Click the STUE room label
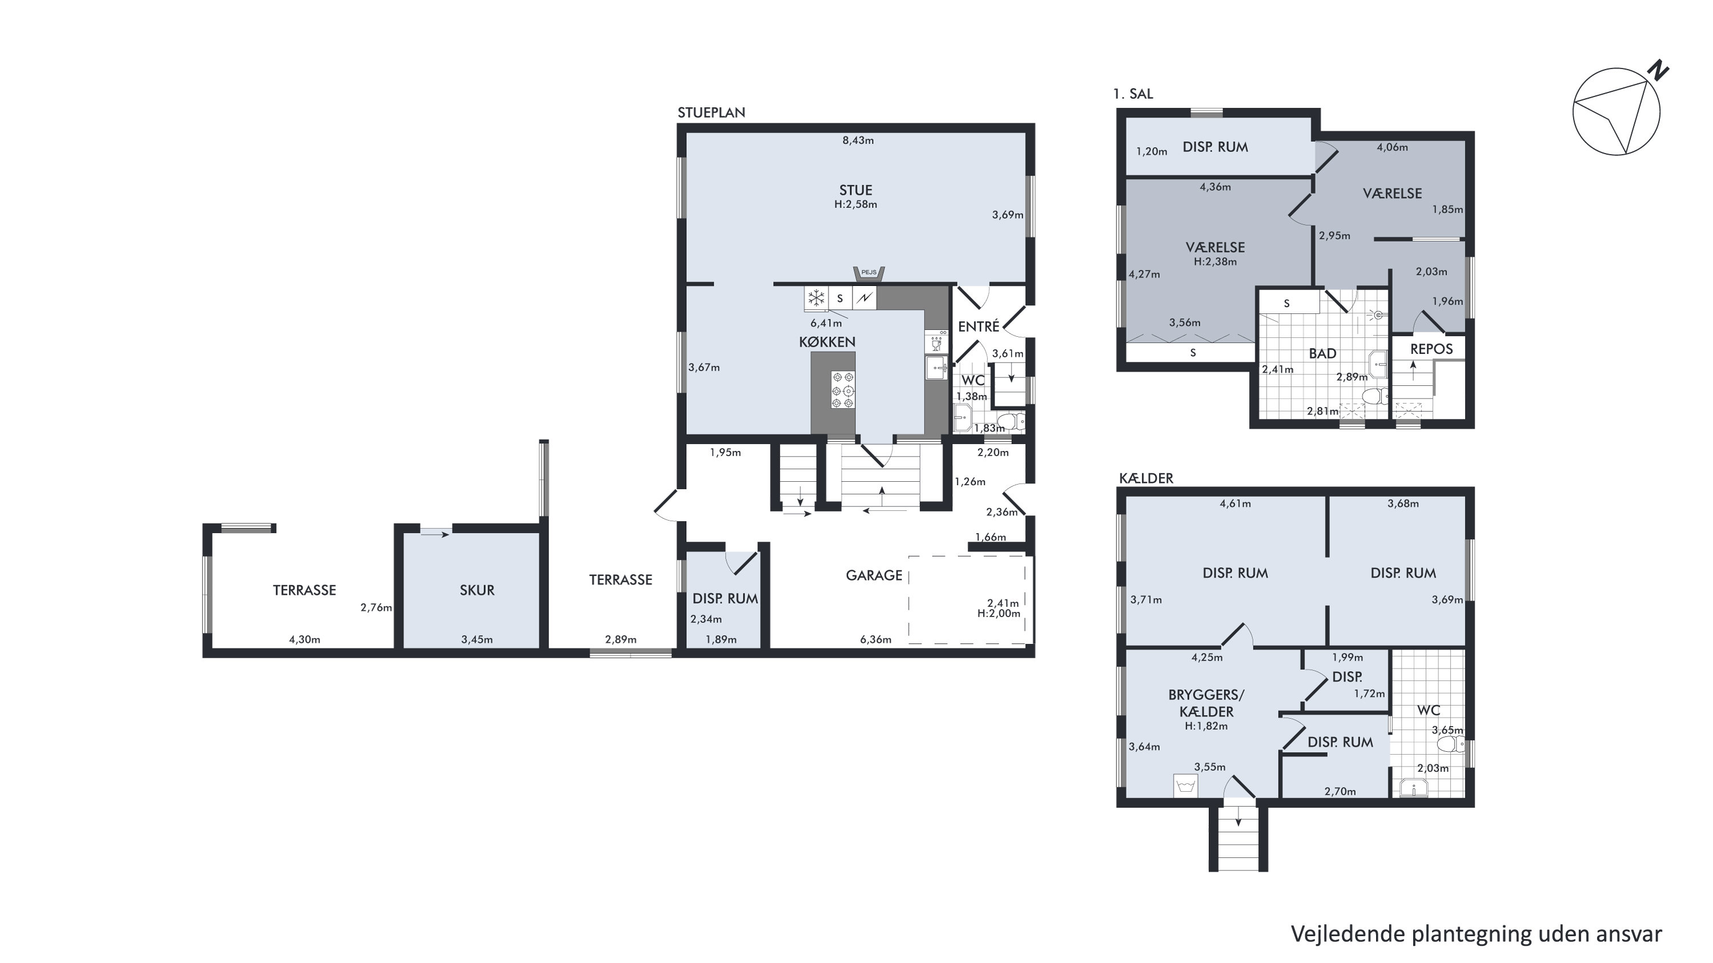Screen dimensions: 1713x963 pyautogui.click(x=855, y=190)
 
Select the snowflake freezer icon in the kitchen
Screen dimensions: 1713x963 pyautogui.click(x=816, y=298)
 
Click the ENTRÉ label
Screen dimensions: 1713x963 pyautogui.click(x=978, y=327)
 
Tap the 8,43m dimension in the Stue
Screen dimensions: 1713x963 pyautogui.click(x=858, y=140)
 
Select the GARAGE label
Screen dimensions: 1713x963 pyautogui.click(x=874, y=575)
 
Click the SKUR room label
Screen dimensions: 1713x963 pyautogui.click(x=477, y=590)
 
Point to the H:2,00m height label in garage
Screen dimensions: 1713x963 pyautogui.click(x=998, y=614)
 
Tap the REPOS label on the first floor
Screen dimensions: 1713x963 pyautogui.click(x=1431, y=349)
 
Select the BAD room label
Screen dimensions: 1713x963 pyautogui.click(x=1322, y=353)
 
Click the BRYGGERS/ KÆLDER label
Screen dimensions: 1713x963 pyautogui.click(x=1207, y=703)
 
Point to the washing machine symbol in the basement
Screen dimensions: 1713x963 pyautogui.click(x=1185, y=785)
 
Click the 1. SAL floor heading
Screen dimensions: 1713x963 pyautogui.click(x=1133, y=94)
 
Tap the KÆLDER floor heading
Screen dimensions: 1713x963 pyautogui.click(x=1146, y=478)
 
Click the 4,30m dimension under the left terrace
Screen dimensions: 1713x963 pyautogui.click(x=304, y=639)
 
